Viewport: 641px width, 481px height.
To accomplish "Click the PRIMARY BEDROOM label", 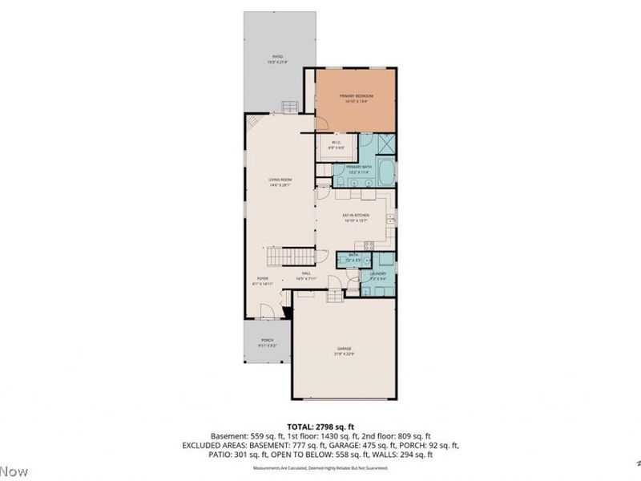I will pos(356,96).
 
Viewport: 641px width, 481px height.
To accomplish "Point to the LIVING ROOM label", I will pos(278,181).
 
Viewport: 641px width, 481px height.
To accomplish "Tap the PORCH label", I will pos(267,342).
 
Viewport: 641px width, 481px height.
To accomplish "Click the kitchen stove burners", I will pos(368,245).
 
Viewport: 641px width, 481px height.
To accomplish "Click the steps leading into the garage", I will pos(336,297).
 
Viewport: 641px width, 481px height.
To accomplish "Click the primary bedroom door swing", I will pos(320,123).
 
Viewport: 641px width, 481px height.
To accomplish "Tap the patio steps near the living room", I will pos(290,107).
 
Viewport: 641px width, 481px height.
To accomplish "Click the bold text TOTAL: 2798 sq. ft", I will pos(320,426).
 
